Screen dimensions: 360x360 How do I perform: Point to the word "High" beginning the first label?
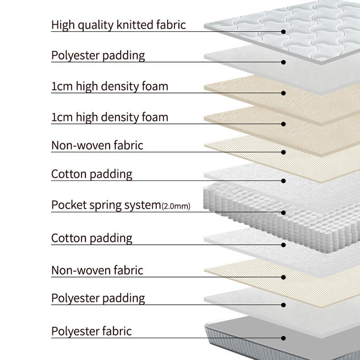[x=62, y=25]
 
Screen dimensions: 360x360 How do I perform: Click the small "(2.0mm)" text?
[x=176, y=206]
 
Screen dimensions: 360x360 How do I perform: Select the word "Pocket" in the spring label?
[x=68, y=205]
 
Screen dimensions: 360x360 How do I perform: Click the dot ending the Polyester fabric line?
[x=283, y=338]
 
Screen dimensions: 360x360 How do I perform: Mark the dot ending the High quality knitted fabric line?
[x=283, y=31]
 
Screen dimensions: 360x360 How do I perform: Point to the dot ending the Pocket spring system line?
[x=283, y=212]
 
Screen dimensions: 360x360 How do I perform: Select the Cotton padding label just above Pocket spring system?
[x=92, y=174]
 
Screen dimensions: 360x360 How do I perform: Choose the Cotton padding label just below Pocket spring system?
[x=92, y=238]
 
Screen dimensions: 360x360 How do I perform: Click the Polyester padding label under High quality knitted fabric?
[x=98, y=56]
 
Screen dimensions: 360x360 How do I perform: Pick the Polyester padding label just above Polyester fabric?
[x=98, y=298]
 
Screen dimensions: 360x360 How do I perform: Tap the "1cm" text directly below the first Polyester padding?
[x=62, y=86]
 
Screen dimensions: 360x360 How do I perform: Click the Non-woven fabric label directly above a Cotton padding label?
[x=97, y=145]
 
